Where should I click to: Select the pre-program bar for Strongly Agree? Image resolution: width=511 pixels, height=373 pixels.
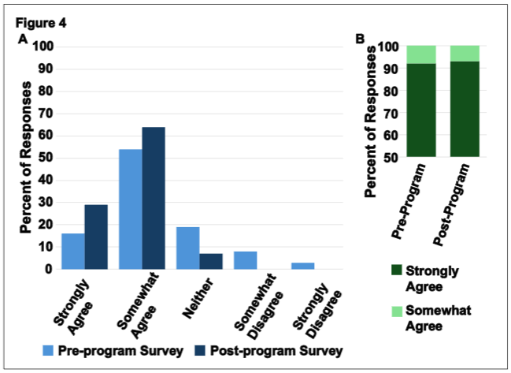coord(72,251)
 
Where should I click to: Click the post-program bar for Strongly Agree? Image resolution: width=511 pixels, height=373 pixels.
coord(95,237)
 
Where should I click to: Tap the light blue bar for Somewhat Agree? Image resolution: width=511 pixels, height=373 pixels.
coord(130,209)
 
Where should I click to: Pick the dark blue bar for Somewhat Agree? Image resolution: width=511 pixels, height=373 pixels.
coord(154,198)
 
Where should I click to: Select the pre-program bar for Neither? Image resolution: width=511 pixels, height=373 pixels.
coord(187,248)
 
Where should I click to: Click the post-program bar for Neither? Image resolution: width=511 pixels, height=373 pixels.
coord(210,261)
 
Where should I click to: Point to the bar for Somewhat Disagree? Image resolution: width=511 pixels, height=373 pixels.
coord(245,260)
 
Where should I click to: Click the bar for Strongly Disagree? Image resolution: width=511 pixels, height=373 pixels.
coord(302,266)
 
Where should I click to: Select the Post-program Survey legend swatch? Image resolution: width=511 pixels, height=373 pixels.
coord(206,349)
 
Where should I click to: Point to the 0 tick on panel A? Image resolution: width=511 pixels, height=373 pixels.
coord(48,269)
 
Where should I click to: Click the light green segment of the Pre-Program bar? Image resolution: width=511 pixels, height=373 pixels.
coord(420,54)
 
